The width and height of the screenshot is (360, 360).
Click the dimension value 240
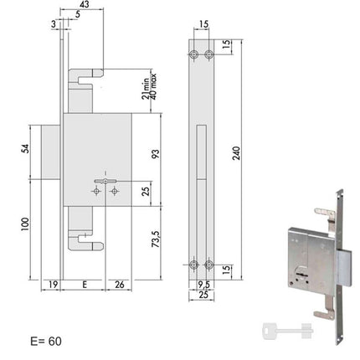236,153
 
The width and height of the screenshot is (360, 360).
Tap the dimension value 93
155,154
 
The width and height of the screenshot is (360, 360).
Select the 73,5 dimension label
155,239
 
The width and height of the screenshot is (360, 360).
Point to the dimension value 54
25,148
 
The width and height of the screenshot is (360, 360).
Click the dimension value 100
25,224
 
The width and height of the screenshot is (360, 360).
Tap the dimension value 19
53,285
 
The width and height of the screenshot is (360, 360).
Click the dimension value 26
120,285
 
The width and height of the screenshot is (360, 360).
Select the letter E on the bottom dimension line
85,285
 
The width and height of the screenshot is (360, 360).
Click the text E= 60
46,342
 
